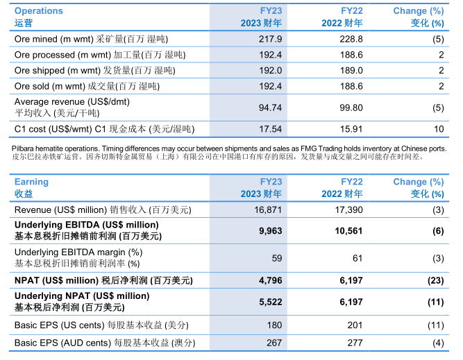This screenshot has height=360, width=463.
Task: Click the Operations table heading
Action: click(39, 11)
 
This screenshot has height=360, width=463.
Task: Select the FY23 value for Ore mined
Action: click(270, 39)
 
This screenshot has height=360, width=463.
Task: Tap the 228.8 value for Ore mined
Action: click(351, 39)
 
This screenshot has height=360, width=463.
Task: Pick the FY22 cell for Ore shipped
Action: click(351, 71)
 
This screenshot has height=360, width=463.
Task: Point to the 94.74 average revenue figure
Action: click(269, 108)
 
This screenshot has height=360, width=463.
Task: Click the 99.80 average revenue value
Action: click(350, 108)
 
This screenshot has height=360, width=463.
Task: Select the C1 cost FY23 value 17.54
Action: click(269, 129)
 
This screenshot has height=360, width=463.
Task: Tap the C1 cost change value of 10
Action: click(438, 129)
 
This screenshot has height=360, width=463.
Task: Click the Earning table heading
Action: click(32, 182)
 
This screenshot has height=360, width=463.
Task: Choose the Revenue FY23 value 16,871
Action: click(268, 209)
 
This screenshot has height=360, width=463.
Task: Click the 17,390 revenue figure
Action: click(348, 209)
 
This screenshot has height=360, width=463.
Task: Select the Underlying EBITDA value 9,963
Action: click(270, 231)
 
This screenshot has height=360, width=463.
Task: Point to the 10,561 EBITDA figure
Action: click(348, 231)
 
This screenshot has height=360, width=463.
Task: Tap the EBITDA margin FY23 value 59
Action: click(276, 258)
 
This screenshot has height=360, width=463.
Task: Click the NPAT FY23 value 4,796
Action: click(270, 280)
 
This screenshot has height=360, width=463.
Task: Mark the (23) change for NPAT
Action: click(435, 280)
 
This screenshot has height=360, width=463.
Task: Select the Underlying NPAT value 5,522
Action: click(270, 302)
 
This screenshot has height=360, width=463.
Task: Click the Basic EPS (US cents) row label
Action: click(101, 325)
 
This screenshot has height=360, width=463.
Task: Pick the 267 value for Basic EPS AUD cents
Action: click(273, 343)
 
